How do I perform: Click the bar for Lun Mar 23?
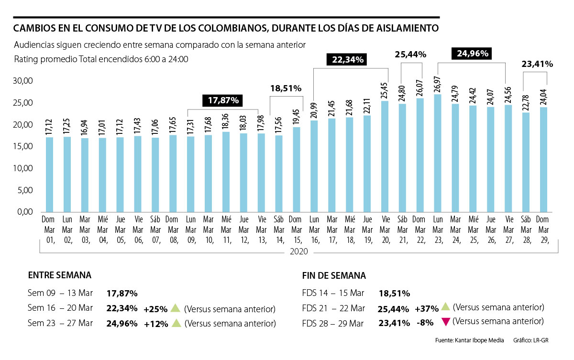(437, 153)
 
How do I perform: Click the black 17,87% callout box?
(223, 100)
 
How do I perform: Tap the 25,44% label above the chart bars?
(410, 55)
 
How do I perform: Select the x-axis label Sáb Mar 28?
(525, 230)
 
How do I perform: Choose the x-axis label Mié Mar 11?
(226, 230)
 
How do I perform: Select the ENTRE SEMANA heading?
(60, 275)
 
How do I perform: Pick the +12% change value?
(156, 324)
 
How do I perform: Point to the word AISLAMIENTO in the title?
(404, 29)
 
